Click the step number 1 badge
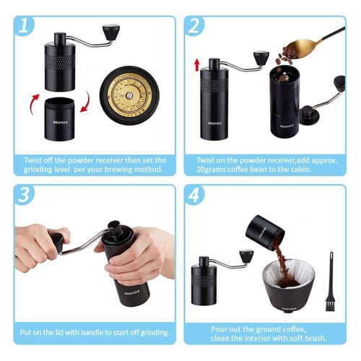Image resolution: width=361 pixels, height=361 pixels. click(x=24, y=26)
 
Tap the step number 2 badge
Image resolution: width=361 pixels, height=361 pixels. click(x=194, y=26)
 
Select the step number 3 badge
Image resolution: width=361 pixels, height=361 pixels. click(x=24, y=194)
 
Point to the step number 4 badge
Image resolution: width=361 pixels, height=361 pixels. click(x=194, y=194)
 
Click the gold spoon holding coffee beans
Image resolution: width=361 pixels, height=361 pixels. click(x=310, y=45)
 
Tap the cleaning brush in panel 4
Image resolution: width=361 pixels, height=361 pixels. click(x=331, y=282)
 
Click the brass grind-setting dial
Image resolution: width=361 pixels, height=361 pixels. click(x=129, y=95)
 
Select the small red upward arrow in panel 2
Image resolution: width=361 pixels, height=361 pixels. click(x=197, y=65)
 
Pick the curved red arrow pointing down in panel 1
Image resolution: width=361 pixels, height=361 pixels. click(x=86, y=102)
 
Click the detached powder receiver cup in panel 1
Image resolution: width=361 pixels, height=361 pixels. click(x=59, y=119)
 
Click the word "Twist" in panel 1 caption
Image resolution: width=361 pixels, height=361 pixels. click(x=32, y=160)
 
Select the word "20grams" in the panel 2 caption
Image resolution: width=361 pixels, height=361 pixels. click(x=211, y=170)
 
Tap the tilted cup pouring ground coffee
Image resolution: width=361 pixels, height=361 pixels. click(x=265, y=233)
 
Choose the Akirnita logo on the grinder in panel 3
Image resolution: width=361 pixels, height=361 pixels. click(x=132, y=292)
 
